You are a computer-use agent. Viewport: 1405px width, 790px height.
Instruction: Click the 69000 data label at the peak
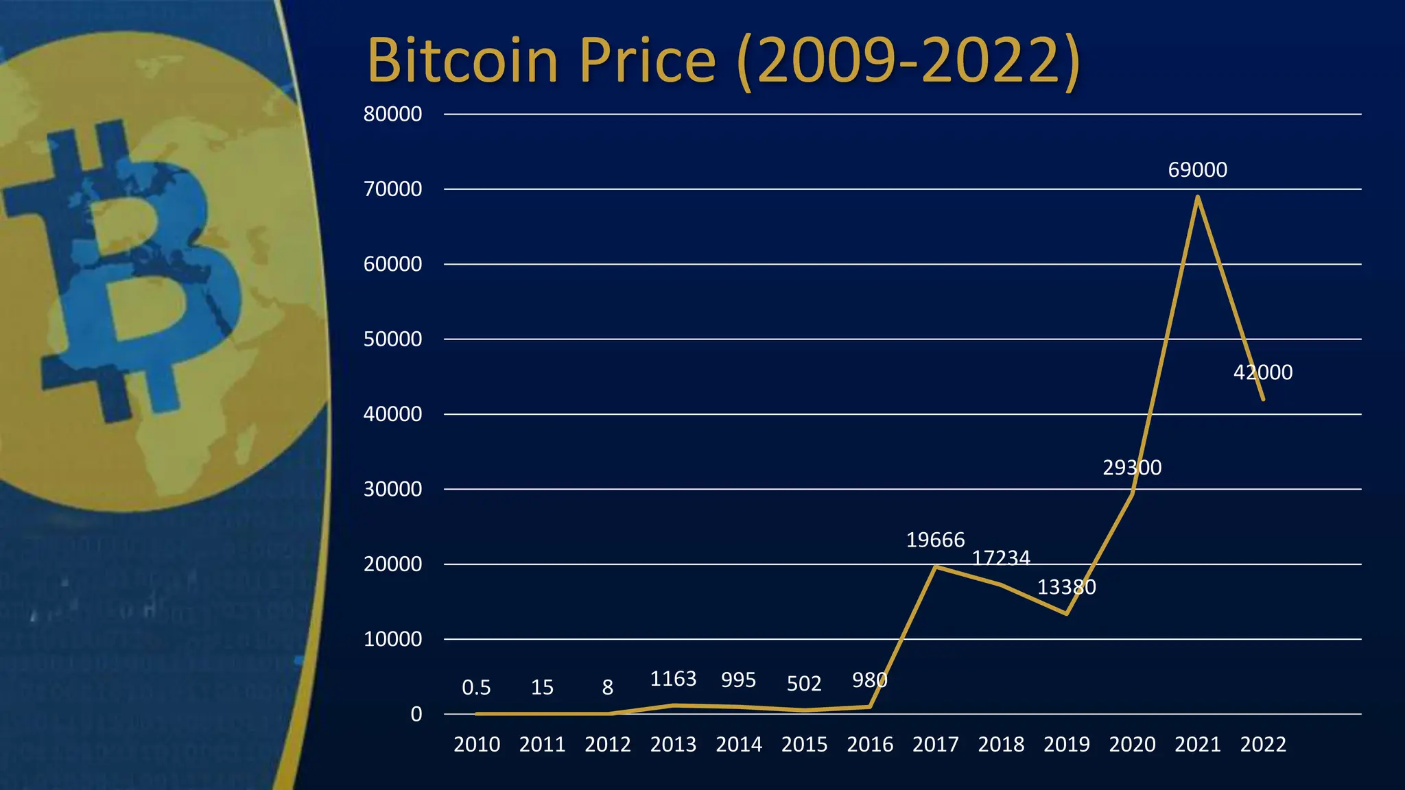click(1197, 169)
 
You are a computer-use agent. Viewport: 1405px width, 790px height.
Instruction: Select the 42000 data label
click(1262, 372)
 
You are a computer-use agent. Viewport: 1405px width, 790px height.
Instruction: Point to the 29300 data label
click(1132, 468)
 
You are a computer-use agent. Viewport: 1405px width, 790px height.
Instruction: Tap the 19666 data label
click(935, 540)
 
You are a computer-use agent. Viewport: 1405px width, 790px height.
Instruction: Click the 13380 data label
click(1066, 587)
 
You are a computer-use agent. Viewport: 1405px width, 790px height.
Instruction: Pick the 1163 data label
click(673, 679)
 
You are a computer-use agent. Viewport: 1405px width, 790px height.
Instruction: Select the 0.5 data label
click(476, 687)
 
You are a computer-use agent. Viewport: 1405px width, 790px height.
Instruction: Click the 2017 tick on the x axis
click(935, 744)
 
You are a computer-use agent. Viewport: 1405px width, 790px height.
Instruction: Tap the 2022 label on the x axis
click(1262, 744)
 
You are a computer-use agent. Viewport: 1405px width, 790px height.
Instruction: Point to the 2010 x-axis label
click(476, 744)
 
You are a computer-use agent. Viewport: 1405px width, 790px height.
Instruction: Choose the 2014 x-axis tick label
click(738, 744)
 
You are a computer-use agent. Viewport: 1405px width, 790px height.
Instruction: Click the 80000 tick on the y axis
click(392, 114)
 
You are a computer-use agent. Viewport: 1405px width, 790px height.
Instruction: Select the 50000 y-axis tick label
click(392, 339)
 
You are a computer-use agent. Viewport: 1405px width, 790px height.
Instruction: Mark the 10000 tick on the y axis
click(392, 639)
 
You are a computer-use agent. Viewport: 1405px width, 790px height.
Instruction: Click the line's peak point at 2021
click(1197, 197)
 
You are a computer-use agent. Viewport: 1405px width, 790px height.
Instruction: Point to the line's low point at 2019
click(1066, 613)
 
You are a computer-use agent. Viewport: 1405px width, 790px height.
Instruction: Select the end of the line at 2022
click(1262, 399)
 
